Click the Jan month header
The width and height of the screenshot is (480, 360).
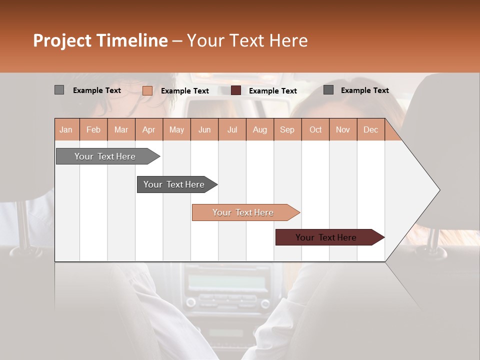[x=66, y=130]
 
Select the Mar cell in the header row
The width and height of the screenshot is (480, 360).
[x=121, y=130]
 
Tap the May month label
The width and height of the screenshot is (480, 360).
[x=176, y=130]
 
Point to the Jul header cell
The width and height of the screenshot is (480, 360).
[x=232, y=130]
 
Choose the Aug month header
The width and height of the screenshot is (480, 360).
[x=259, y=130]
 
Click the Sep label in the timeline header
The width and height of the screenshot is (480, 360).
[x=287, y=130]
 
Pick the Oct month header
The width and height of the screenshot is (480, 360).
[x=315, y=130]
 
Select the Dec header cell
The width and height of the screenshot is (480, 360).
[x=370, y=130]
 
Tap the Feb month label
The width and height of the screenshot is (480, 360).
[x=93, y=130]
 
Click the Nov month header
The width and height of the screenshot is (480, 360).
[x=342, y=130]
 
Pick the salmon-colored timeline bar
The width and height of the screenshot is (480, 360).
[x=243, y=212]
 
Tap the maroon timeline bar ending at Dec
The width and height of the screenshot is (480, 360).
[x=326, y=237]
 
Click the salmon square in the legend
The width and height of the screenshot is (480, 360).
[x=147, y=90]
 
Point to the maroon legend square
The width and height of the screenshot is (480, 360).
[x=236, y=90]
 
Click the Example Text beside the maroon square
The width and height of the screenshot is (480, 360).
[x=272, y=91]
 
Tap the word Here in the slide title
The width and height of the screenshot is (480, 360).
[x=288, y=40]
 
